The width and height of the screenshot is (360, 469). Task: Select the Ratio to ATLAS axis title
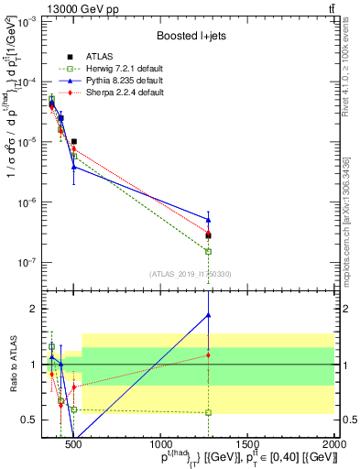[10, 364]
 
